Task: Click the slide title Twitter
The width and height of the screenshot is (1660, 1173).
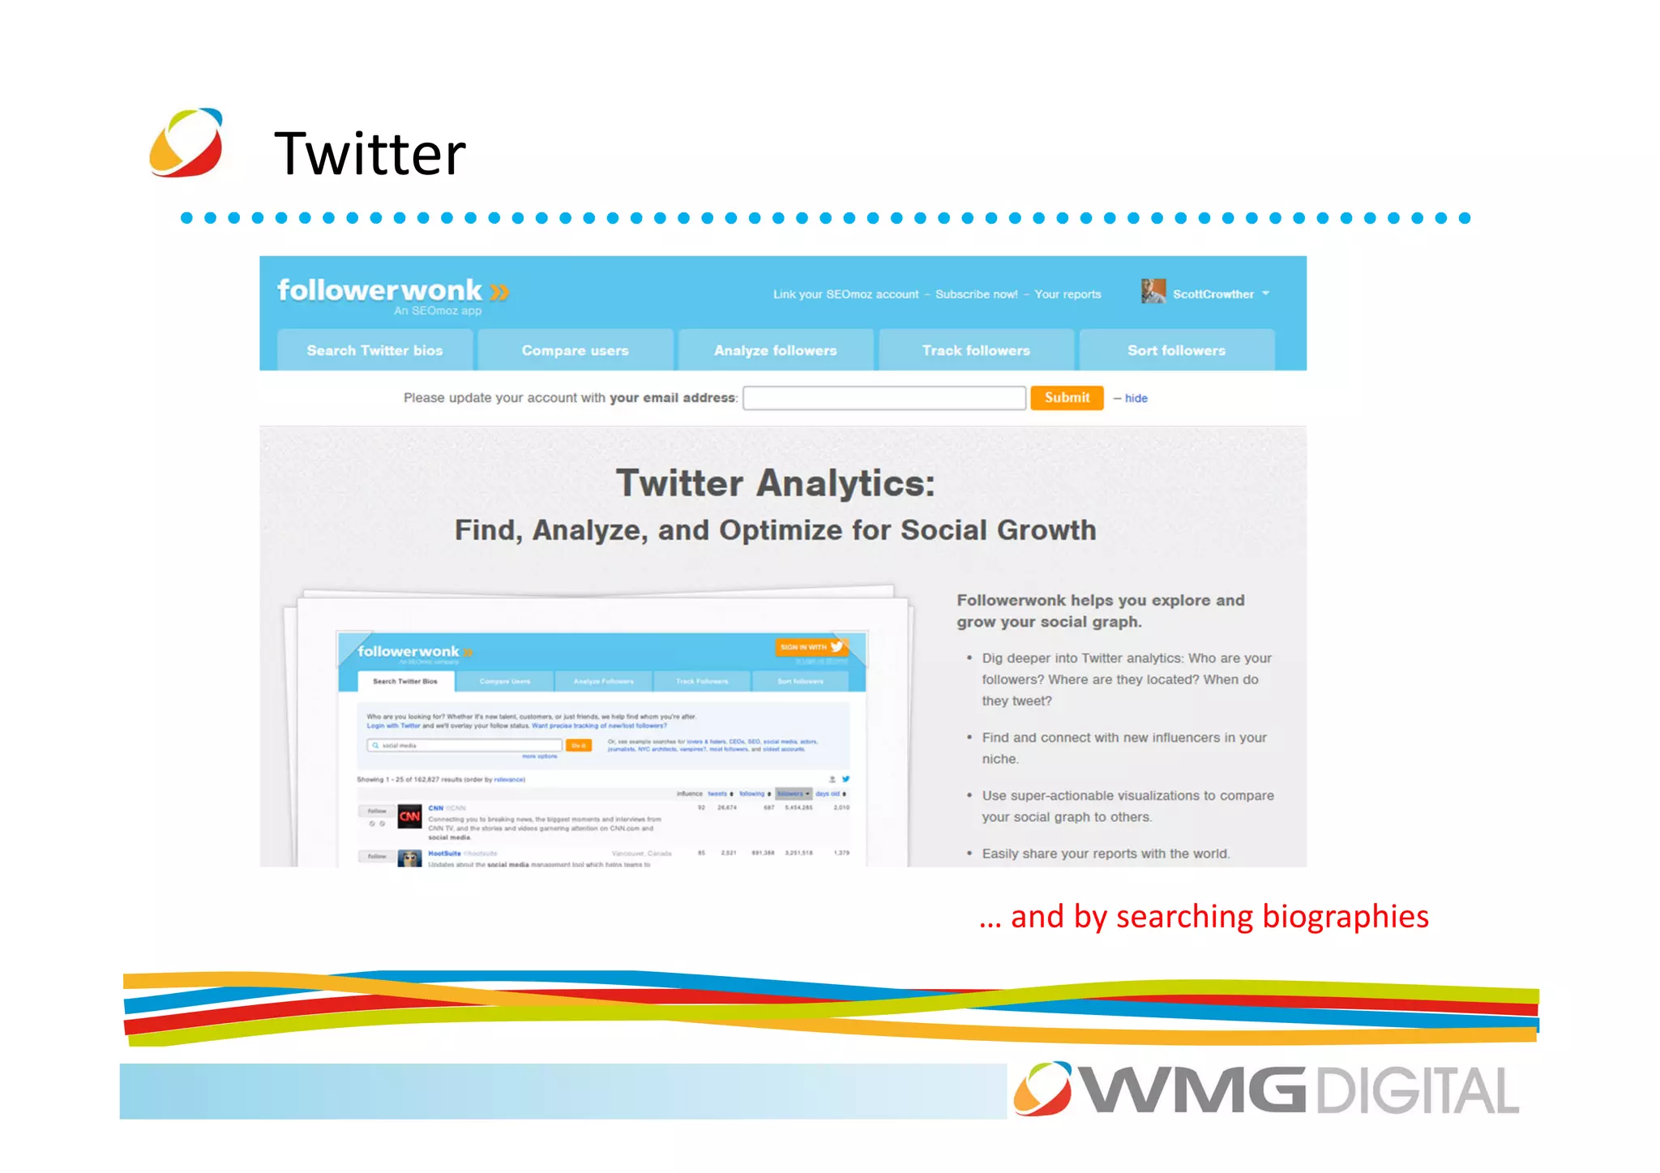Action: tap(370, 153)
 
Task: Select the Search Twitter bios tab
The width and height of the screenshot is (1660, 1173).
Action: tap(374, 350)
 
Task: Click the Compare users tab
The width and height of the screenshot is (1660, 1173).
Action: tap(575, 350)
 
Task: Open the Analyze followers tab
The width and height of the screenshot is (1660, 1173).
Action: tap(775, 350)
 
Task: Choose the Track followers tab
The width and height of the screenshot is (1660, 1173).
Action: tap(976, 350)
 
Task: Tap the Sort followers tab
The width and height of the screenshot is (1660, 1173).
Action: tap(1176, 350)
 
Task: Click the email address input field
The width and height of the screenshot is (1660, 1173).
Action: tap(884, 398)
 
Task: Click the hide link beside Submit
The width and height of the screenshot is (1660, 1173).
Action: tap(1136, 398)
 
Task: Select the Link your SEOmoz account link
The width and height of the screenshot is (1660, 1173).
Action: tap(845, 294)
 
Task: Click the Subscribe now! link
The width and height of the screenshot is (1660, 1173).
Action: tap(976, 294)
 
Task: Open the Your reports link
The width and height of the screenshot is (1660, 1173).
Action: tap(1067, 294)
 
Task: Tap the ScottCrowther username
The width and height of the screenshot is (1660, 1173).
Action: tap(1213, 294)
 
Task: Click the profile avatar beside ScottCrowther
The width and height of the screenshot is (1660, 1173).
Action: tap(1153, 291)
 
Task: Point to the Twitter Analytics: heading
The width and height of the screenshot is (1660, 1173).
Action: tap(775, 483)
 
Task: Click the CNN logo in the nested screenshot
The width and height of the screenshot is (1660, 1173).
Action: tap(409, 816)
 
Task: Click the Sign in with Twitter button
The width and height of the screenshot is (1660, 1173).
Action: tap(811, 647)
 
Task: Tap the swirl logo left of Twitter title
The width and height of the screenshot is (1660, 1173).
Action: tap(186, 143)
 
